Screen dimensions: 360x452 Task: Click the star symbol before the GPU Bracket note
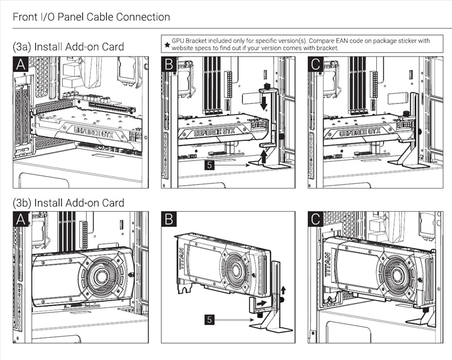click(166, 44)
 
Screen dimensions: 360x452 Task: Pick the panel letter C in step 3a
click(317, 65)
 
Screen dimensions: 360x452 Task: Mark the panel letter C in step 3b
click(317, 221)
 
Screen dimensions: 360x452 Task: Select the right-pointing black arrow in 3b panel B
click(261, 303)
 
